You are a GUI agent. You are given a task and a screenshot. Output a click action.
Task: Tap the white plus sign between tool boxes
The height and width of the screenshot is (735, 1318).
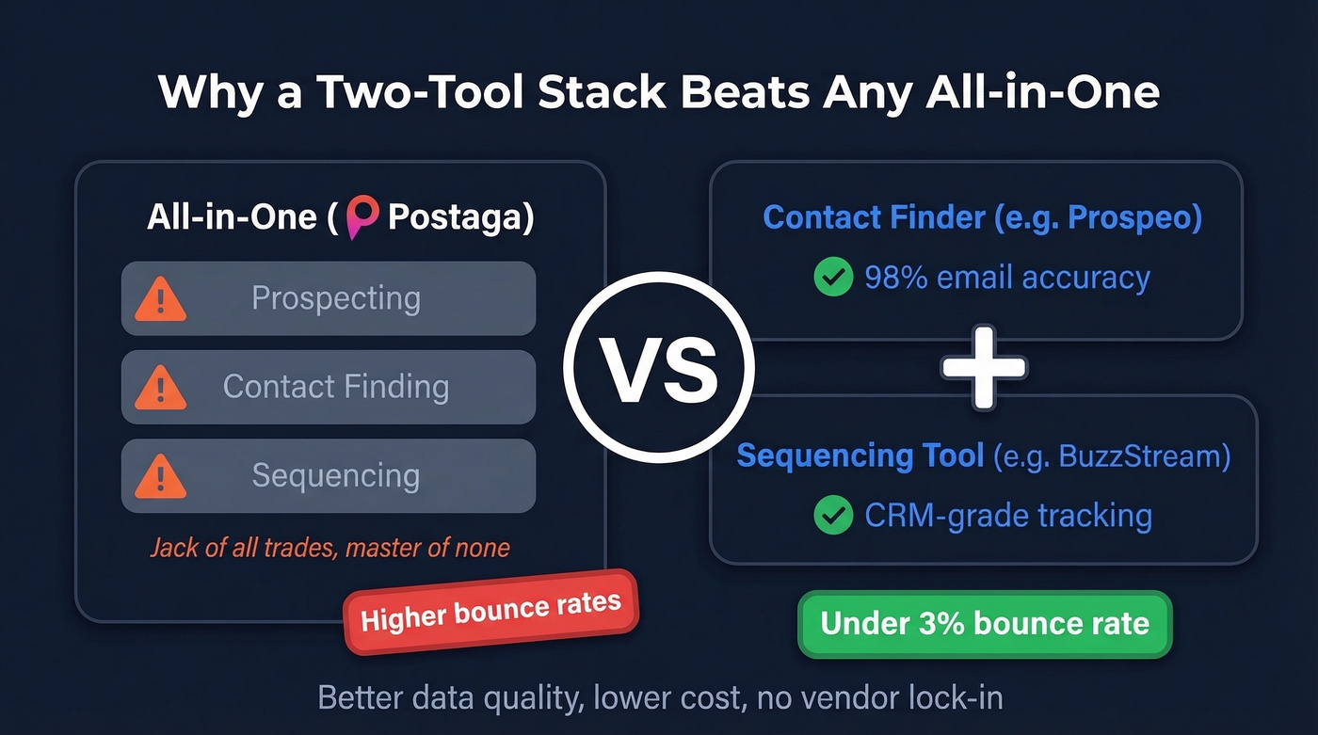(x=984, y=367)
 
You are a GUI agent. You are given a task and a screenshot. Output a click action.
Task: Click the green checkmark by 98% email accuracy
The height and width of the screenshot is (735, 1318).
(x=832, y=278)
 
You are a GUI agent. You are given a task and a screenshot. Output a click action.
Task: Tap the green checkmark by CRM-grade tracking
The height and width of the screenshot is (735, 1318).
(x=832, y=515)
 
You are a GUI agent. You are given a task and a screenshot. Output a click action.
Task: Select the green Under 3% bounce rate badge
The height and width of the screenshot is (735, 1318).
(x=984, y=623)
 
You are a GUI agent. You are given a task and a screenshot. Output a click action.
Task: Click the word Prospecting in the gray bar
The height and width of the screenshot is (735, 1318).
(x=335, y=298)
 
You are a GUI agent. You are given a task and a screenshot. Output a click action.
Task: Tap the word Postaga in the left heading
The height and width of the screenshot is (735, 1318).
(x=454, y=217)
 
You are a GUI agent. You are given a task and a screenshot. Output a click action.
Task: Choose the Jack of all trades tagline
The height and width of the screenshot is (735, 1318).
(x=329, y=547)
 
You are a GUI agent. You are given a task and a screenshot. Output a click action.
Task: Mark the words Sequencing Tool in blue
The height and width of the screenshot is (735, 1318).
(x=860, y=456)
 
